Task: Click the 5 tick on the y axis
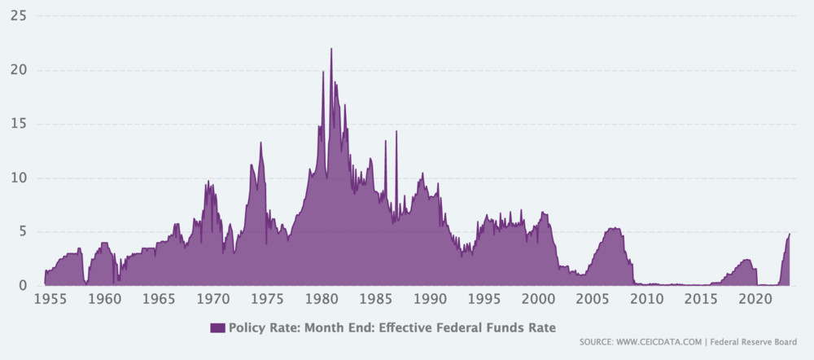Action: [x=24, y=231]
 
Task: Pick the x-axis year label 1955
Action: [x=50, y=300]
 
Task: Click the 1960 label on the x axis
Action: [x=105, y=300]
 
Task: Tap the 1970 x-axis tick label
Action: [x=213, y=300]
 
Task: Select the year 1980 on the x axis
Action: [x=322, y=300]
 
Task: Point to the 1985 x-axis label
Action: [x=376, y=300]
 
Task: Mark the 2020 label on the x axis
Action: [x=755, y=300]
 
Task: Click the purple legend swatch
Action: [x=217, y=328]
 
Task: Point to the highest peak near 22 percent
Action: [x=331, y=50]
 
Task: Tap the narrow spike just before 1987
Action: [x=396, y=132]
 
